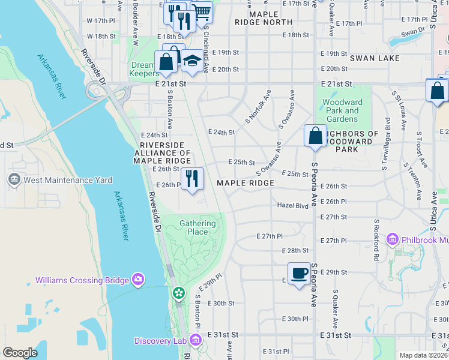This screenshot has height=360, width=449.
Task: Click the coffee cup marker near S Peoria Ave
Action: [x=299, y=274]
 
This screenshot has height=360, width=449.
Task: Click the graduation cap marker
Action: [x=192, y=61]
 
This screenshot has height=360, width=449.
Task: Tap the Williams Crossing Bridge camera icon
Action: [x=138, y=280]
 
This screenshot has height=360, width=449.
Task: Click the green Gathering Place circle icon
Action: [x=178, y=293]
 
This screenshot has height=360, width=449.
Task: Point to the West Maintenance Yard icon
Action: [x=14, y=179]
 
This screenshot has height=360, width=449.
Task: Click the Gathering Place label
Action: [x=197, y=228]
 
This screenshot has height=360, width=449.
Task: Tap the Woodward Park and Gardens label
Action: [x=343, y=110]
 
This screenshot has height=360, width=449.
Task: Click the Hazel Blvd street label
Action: [x=292, y=205]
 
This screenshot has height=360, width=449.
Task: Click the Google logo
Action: [x=20, y=353]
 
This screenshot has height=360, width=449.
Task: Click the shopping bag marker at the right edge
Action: [x=438, y=90]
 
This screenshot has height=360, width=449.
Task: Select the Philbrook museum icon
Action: [x=393, y=240]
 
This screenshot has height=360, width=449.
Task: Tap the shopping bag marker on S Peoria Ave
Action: [x=315, y=136]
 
